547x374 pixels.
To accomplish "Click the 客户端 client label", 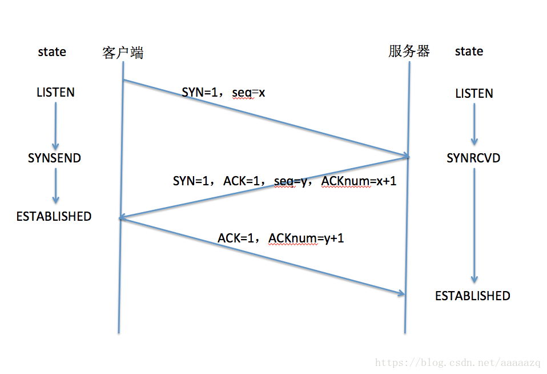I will click(123, 53).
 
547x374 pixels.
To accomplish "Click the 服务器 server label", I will click(409, 51).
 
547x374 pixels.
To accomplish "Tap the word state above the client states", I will click(52, 51).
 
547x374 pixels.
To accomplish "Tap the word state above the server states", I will click(469, 51).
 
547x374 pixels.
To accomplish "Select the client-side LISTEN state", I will click(55, 92).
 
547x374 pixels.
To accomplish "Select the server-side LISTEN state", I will click(474, 93).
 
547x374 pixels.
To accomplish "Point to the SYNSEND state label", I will click(55, 158).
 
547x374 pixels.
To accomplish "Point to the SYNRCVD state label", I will click(473, 158).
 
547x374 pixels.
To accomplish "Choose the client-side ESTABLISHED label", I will click(54, 216).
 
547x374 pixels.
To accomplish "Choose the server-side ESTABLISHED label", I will click(473, 296).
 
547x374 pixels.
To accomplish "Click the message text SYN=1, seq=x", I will click(223, 92).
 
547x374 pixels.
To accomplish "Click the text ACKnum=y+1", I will click(306, 238).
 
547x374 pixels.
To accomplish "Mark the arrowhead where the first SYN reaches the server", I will click(406, 156).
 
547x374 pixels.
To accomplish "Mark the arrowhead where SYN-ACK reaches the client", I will click(122, 218).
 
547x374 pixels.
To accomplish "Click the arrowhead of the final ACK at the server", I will click(401, 293).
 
